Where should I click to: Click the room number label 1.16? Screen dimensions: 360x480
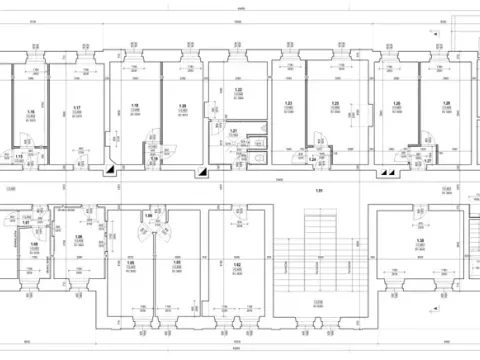pyautogui.click(x=32, y=112)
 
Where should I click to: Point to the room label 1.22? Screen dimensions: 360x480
pyautogui.click(x=239, y=90)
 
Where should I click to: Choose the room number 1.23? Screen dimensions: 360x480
pyautogui.click(x=289, y=104)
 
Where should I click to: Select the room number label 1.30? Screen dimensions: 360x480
pyautogui.click(x=421, y=242)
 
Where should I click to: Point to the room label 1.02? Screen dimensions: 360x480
pyautogui.click(x=238, y=264)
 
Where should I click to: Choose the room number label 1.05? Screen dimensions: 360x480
pyautogui.click(x=130, y=264)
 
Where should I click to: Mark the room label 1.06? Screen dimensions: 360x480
pyautogui.click(x=78, y=238)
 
